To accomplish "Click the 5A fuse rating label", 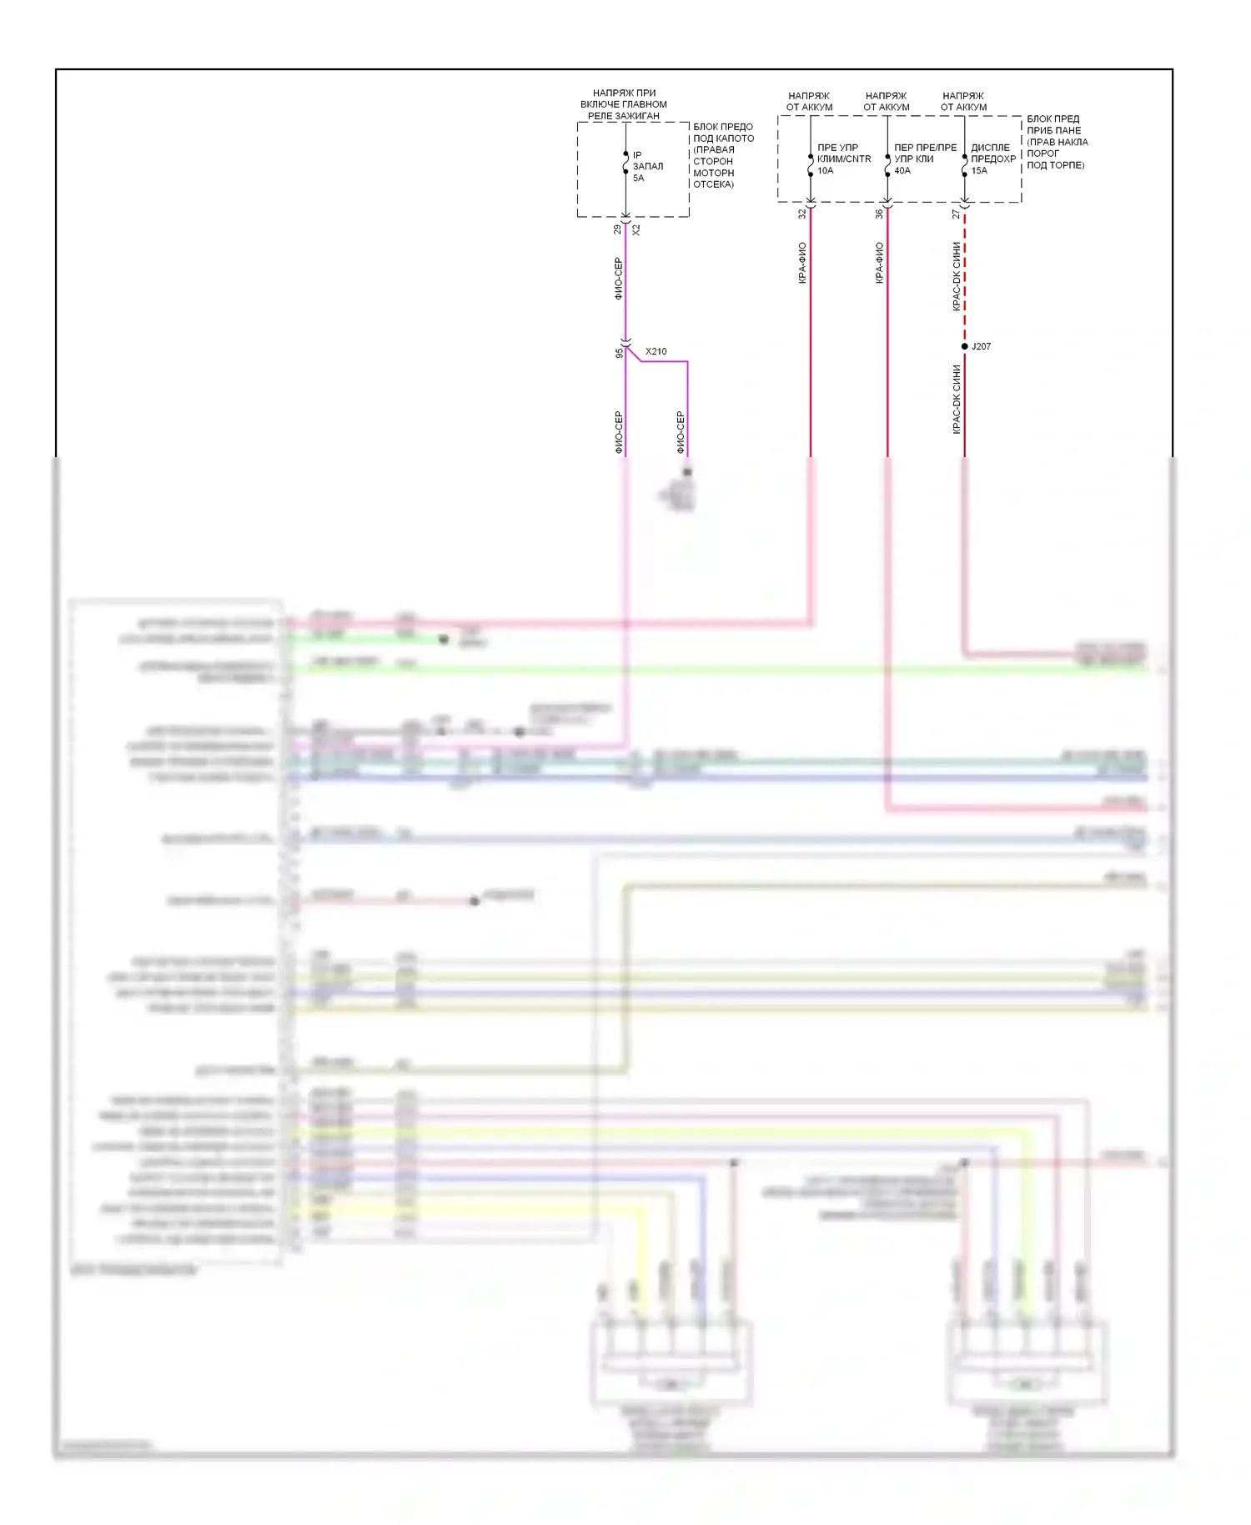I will pos(638,178).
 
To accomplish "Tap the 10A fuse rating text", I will pos(825,170).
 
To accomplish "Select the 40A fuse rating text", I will pos(902,170).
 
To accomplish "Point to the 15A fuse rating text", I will pos(979,170).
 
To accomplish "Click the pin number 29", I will pos(617,229).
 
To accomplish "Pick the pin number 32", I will pos(802,214).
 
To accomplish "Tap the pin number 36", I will pos(879,214).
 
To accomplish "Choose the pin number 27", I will pos(956,214).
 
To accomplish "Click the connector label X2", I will pos(636,229).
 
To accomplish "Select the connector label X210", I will pos(656,351).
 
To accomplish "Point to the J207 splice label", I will pos(981,346).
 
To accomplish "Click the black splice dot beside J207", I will pos(965,346).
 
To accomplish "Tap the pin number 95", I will pos(619,353).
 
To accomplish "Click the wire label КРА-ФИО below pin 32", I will pos(802,263).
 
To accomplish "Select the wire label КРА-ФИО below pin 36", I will pos(879,263).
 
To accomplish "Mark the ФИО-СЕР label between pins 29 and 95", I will pos(618,279).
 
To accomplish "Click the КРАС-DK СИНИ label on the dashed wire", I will pos(957,277).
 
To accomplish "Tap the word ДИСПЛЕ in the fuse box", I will pos(990,148).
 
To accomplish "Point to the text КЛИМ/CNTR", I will pos(844,159).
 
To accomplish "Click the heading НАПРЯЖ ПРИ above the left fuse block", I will pos(624,93).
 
